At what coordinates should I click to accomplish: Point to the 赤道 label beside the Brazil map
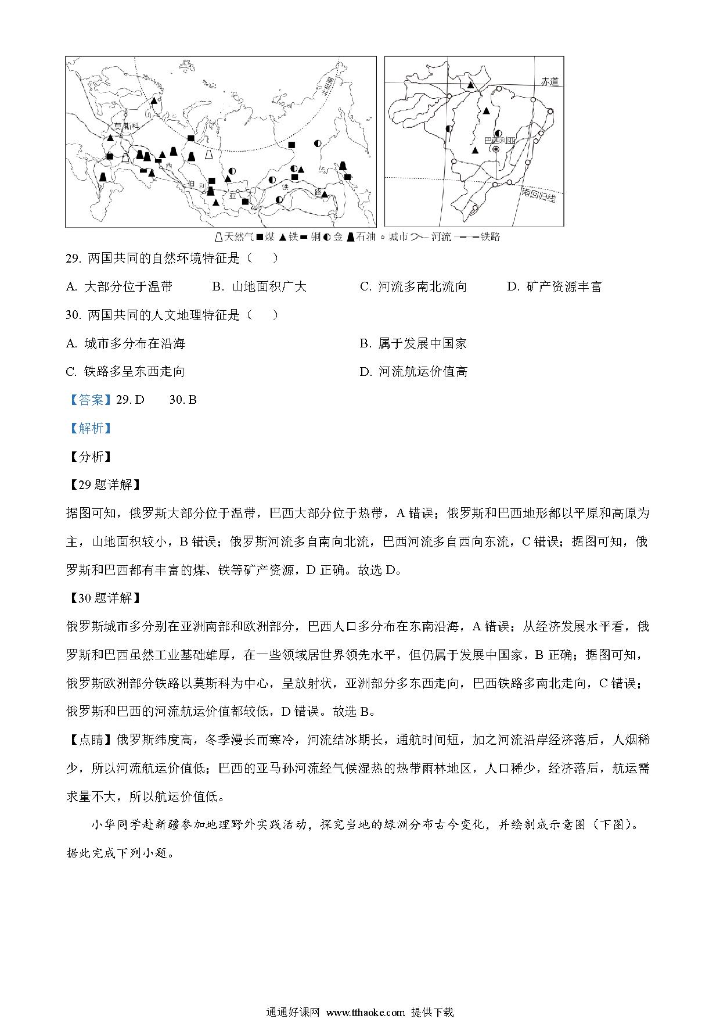pos(549,82)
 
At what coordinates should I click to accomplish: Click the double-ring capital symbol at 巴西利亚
pos(495,149)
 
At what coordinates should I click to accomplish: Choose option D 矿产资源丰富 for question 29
pos(554,286)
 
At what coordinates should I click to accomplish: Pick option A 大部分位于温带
pos(120,286)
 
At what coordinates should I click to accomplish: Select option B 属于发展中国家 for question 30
pos(413,343)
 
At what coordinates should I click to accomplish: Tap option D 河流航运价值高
pos(413,371)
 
